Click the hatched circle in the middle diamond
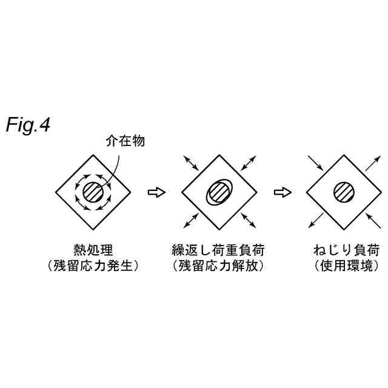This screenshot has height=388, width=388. pyautogui.click(x=219, y=193)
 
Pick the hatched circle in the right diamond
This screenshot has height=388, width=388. pyautogui.click(x=344, y=193)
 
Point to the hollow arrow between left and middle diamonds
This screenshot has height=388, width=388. pyautogui.click(x=156, y=193)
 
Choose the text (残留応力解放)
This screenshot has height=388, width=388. pyautogui.click(x=219, y=266)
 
